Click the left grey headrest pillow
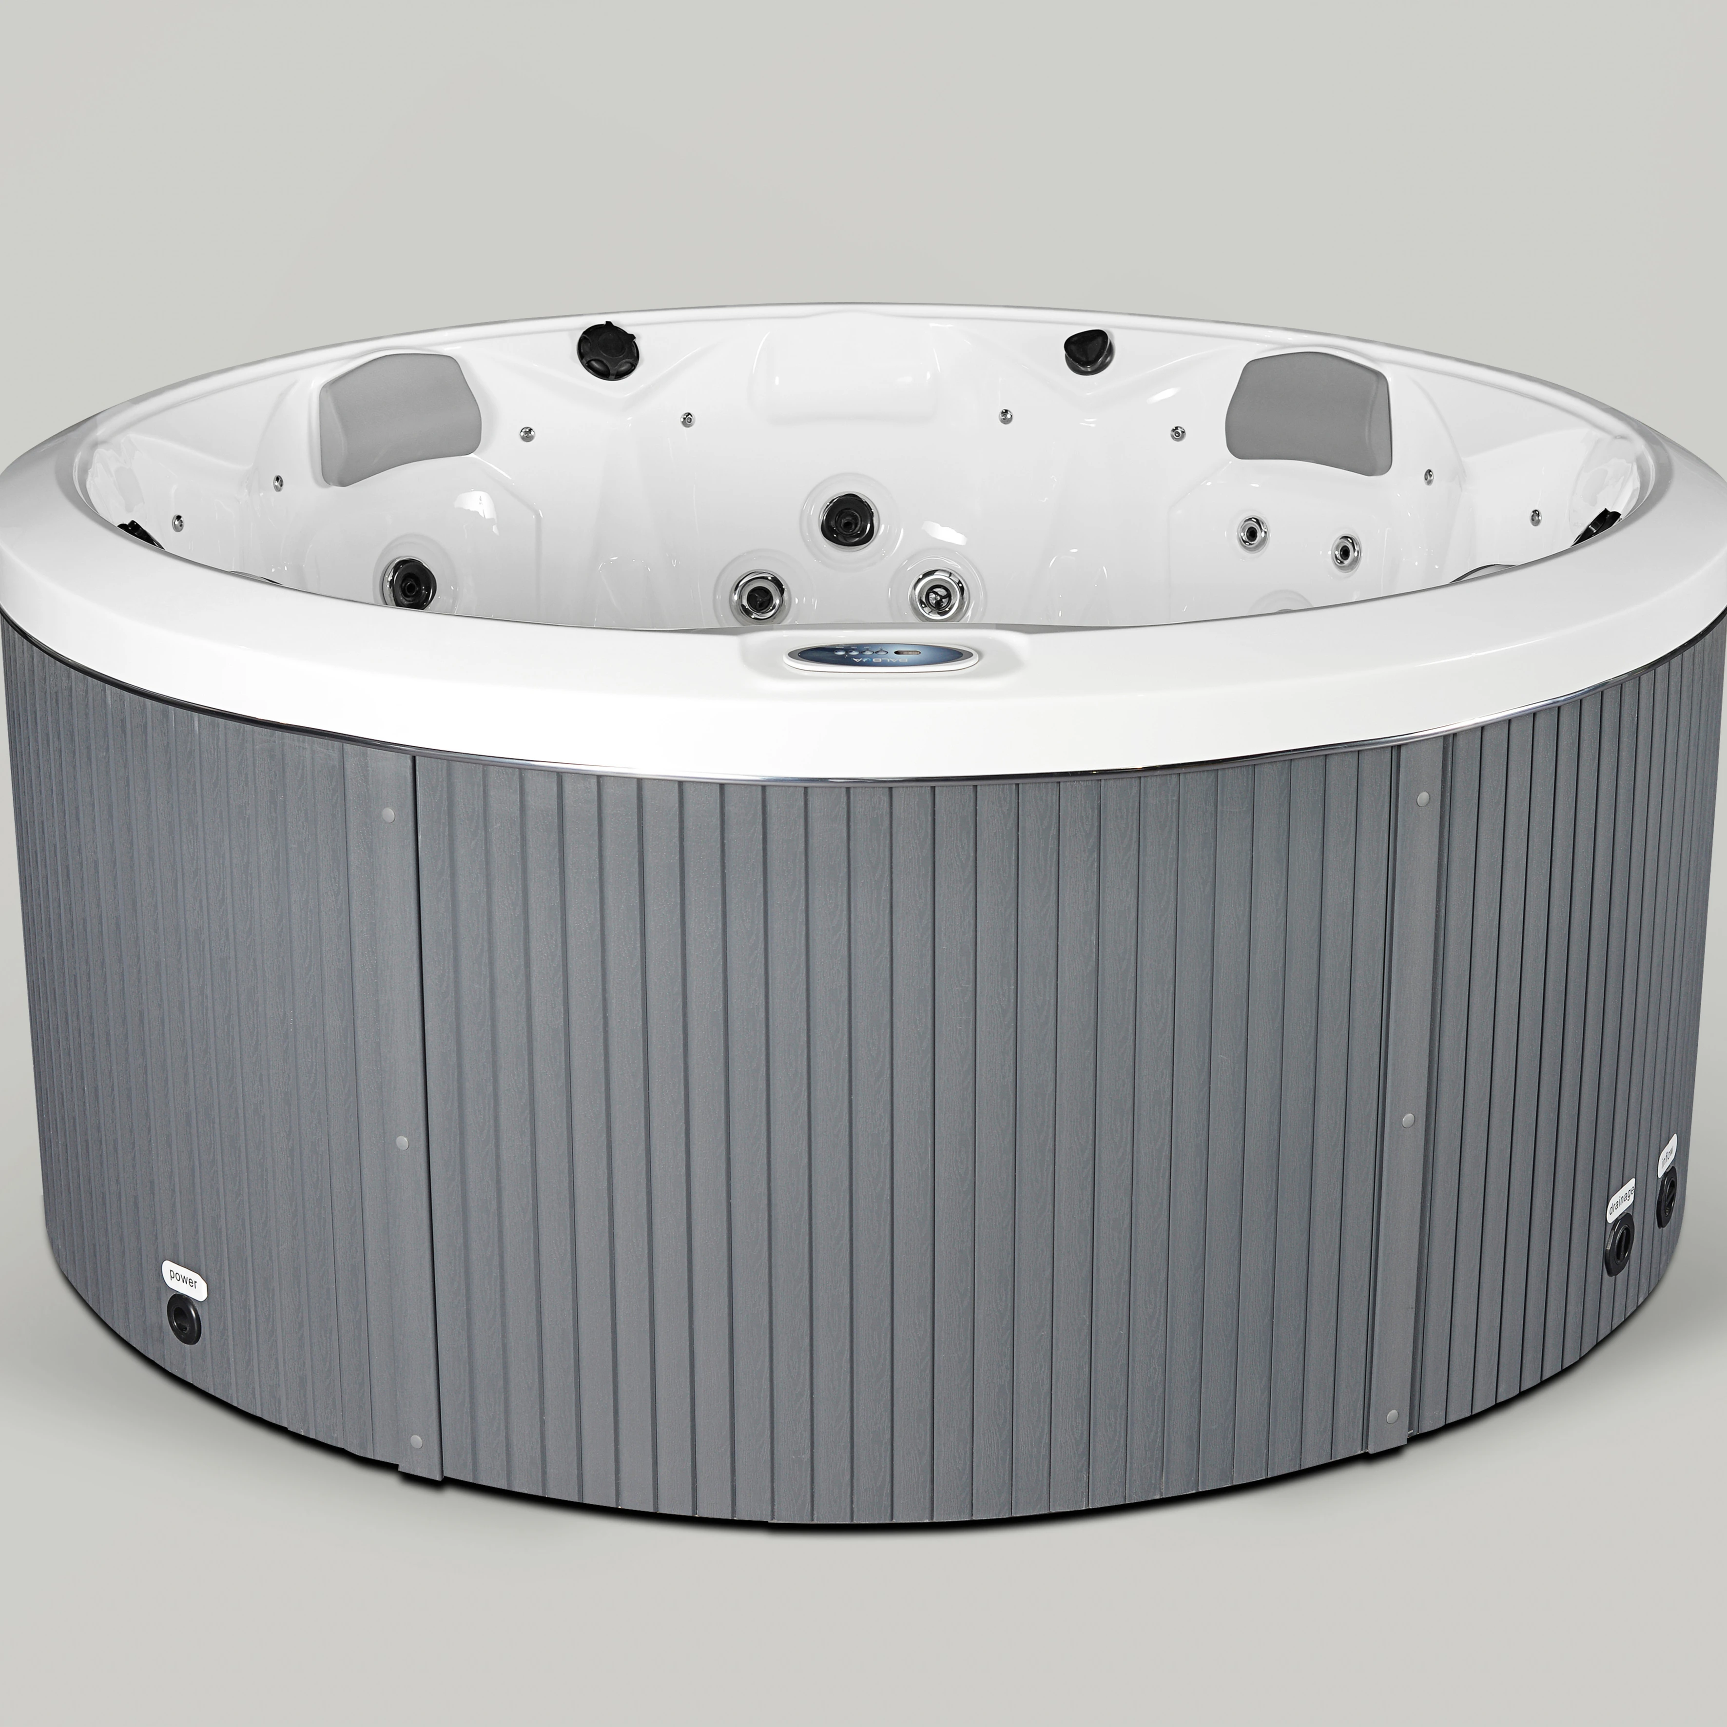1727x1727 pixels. tap(400, 418)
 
